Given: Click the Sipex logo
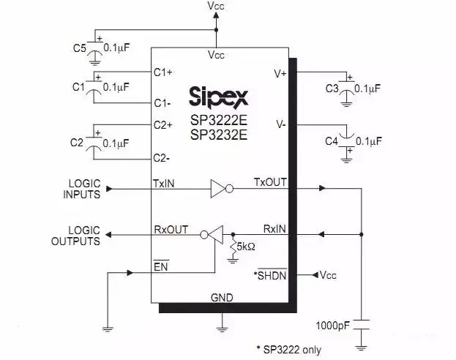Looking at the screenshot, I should (218, 96).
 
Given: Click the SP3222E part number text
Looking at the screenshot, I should (218, 120).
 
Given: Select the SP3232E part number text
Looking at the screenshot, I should (218, 135).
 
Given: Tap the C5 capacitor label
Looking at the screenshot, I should (80, 48).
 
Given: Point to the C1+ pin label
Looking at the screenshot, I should (163, 72).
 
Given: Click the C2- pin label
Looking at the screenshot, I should (162, 157).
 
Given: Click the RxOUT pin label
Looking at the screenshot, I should (171, 229).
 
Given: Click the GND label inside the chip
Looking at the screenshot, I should (222, 299).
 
